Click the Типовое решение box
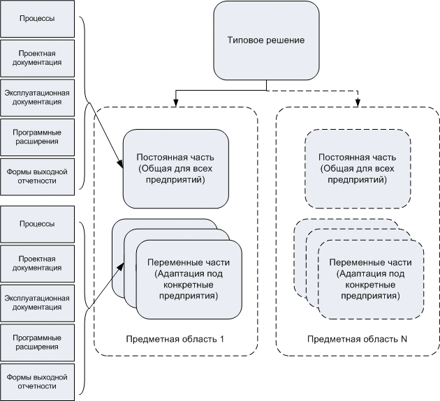click(266, 40)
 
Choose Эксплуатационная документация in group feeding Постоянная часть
click(38, 97)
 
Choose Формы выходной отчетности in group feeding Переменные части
click(38, 381)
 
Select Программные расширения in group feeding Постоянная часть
click(38, 137)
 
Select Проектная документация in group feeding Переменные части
click(38, 263)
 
